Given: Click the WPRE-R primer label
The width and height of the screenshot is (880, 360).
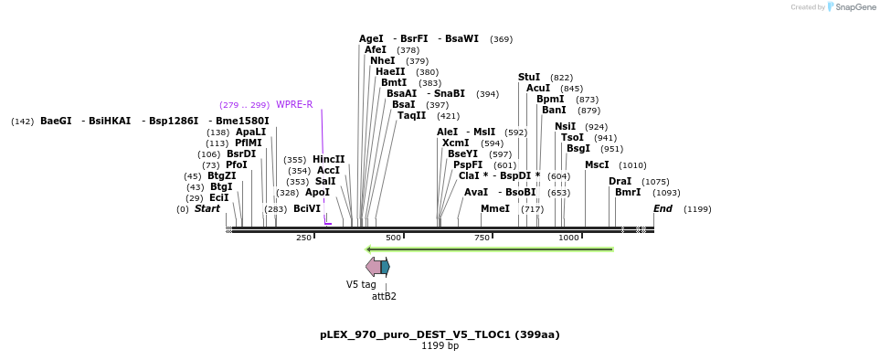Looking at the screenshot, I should [x=294, y=104].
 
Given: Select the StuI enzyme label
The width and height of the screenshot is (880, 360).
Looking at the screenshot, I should [x=529, y=78].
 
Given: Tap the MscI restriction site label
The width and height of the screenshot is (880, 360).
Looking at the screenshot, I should [x=597, y=165].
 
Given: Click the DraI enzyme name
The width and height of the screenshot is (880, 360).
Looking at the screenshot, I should [x=620, y=181].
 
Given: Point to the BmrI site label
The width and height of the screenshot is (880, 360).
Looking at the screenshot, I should [x=628, y=193].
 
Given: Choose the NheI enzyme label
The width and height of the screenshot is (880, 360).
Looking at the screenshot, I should [x=382, y=61].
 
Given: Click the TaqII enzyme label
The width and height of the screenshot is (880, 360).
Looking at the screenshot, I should [x=411, y=115].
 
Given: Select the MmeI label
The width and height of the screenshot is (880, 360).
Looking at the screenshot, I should [x=495, y=208].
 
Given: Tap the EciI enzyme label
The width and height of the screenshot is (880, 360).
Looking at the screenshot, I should [x=219, y=197].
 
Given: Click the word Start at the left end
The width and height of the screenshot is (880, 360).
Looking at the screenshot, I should [x=207, y=208].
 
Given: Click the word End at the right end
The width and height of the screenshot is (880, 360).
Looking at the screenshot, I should [x=663, y=208].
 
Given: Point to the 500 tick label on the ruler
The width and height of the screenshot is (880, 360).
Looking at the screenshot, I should [x=394, y=238].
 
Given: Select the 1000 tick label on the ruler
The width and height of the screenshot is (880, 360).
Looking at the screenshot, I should [x=568, y=238].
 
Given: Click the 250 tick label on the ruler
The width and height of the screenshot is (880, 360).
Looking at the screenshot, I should [x=303, y=238].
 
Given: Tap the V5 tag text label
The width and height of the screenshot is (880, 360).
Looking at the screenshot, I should [x=361, y=284].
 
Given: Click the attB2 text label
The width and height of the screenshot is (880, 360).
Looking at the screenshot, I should [x=384, y=296].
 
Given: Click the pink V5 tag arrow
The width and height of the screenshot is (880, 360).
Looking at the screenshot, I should [x=373, y=267].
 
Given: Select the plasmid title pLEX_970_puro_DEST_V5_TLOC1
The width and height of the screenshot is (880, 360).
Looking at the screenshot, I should [x=440, y=334].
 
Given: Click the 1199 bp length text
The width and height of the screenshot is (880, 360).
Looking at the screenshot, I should [x=440, y=346].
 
